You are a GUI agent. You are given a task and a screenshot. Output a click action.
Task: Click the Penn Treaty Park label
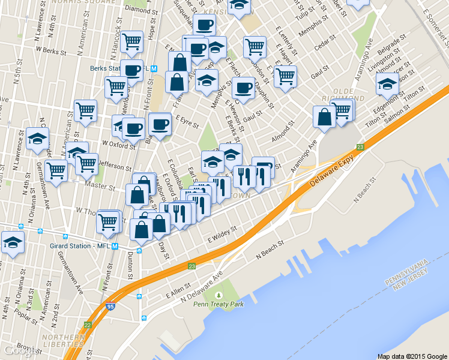pyautogui.click(x=218, y=304)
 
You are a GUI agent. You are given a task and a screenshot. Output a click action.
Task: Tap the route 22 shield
pyautogui.click(x=88, y=325)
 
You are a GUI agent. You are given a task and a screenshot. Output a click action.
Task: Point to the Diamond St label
pyautogui.click(x=137, y=10)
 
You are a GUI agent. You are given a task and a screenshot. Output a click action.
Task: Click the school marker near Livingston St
pyautogui.click(x=387, y=84)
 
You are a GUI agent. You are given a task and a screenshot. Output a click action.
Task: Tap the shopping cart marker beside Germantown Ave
pyautogui.click(x=57, y=170)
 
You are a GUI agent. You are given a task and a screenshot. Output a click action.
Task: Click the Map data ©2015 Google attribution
pyautogui.click(x=412, y=356)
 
